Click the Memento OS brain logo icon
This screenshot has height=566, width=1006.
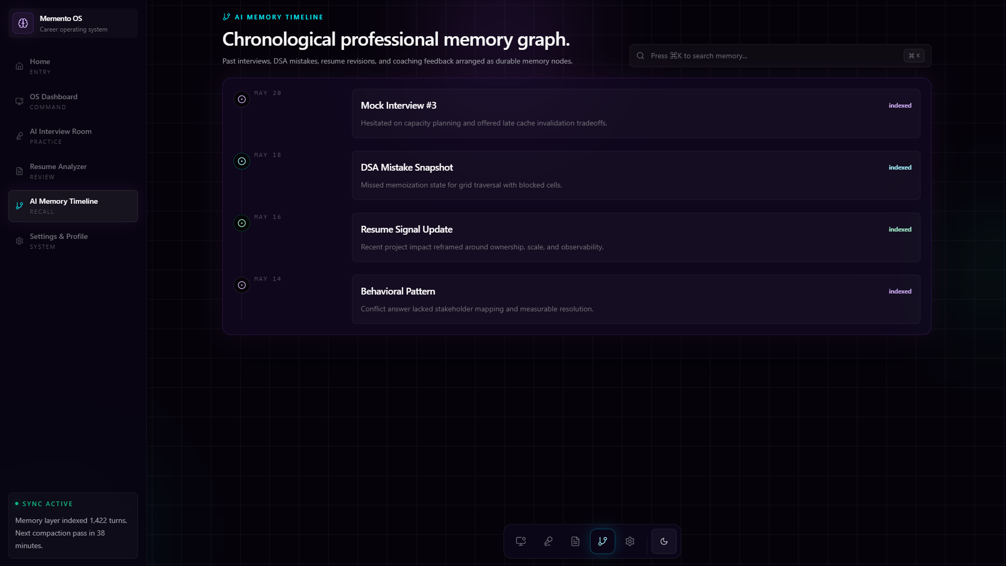23,23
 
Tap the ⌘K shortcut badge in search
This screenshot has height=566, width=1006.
914,56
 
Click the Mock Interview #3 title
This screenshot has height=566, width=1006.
399,106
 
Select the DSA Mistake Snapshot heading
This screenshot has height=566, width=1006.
407,167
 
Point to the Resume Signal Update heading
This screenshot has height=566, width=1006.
406,229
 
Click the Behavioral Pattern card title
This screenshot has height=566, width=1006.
398,291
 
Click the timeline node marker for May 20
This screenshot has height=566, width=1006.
242,99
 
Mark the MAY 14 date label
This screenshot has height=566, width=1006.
267,279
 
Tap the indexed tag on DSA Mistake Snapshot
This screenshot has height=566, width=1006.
900,167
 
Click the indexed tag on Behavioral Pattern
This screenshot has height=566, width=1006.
900,291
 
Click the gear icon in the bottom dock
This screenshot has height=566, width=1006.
630,541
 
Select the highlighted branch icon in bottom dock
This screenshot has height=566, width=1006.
603,541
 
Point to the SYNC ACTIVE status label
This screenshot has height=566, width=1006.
48,504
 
